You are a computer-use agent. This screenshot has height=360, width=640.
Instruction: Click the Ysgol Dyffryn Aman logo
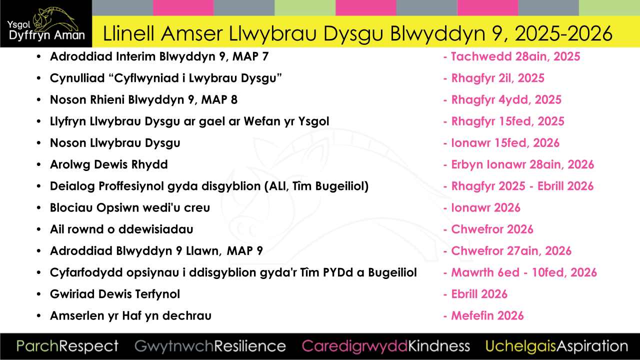coord(46,24)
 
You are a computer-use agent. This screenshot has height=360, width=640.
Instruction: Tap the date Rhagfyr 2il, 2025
coord(497,78)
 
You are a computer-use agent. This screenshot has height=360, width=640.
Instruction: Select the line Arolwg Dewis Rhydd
coord(108,164)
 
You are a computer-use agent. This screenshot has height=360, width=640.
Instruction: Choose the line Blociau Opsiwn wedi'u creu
coord(129,207)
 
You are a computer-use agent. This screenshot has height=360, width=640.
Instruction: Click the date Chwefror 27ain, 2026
coord(511,251)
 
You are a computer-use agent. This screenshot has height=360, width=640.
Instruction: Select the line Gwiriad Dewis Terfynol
coord(114,294)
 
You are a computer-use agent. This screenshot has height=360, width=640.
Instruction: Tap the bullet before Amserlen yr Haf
coord(39,316)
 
